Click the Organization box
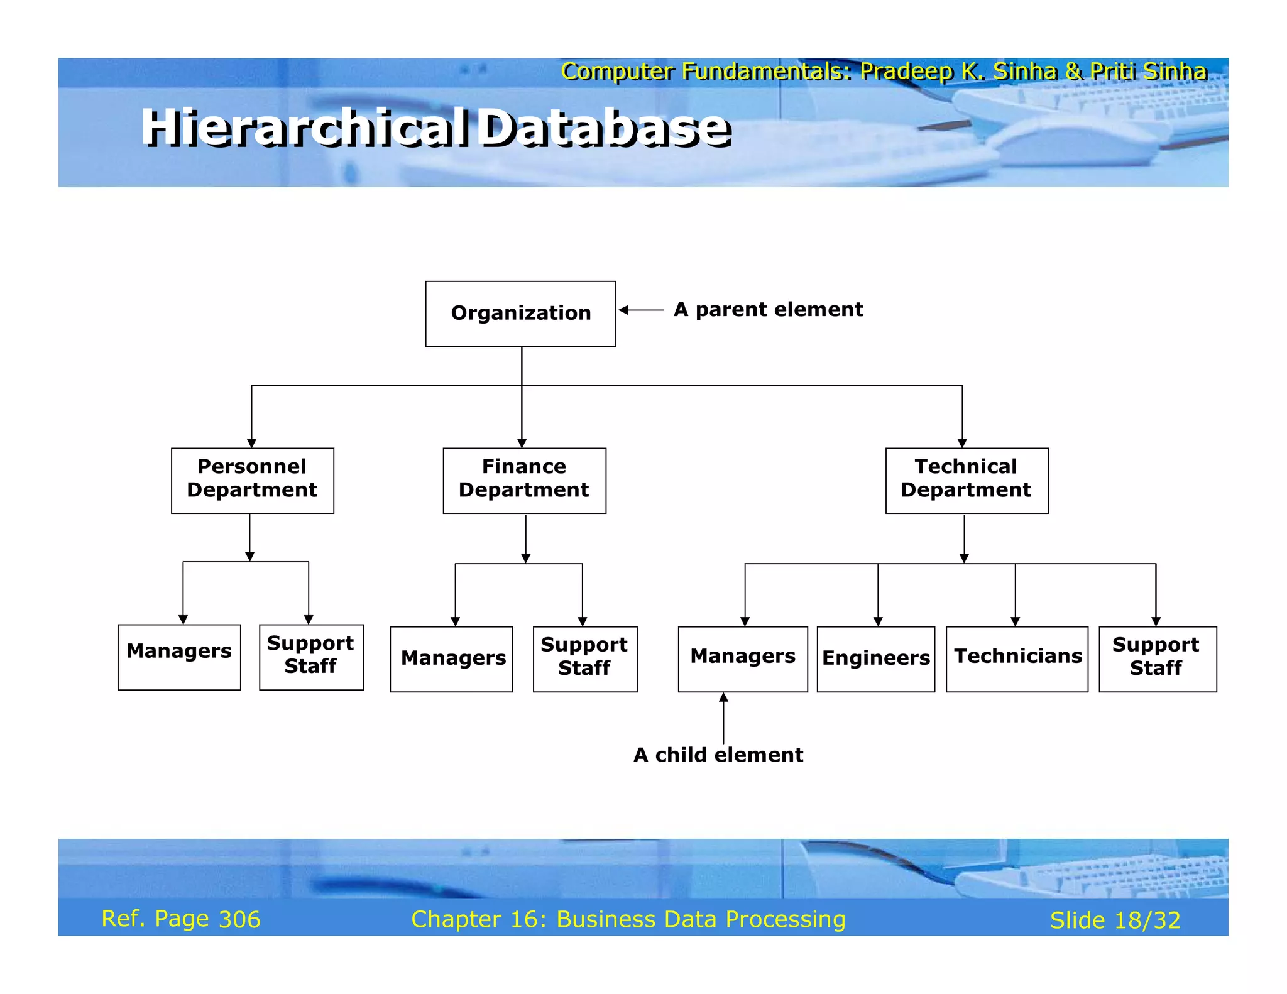[x=520, y=314]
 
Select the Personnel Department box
[x=252, y=480]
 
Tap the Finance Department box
[x=524, y=480]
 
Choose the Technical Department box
[x=967, y=480]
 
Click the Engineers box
[x=875, y=658]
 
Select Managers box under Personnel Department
[x=179, y=657]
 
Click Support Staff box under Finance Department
[x=584, y=658]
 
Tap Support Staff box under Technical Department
[x=1157, y=658]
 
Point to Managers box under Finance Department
[x=451, y=658]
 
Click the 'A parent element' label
[x=768, y=310]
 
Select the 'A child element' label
[x=718, y=755]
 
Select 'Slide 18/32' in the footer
[x=1115, y=920]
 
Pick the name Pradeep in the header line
[x=906, y=72]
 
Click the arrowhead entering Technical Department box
[x=962, y=443]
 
